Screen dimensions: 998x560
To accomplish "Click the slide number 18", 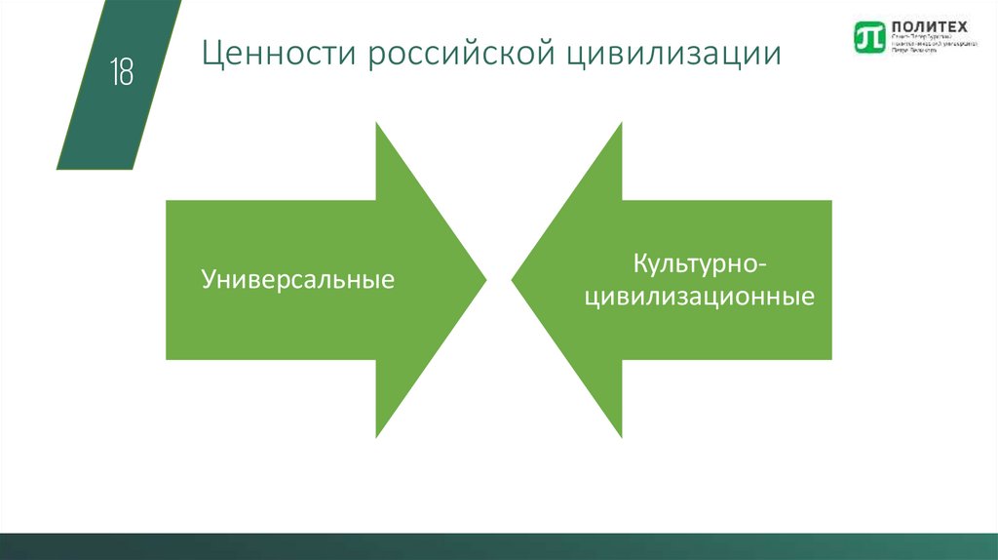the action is tap(122, 72).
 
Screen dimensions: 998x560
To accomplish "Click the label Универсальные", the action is tap(298, 280).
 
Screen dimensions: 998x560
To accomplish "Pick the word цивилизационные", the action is tap(699, 296).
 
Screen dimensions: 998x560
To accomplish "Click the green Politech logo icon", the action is tap(866, 36).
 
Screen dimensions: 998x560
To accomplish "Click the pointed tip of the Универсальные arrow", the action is tap(484, 280).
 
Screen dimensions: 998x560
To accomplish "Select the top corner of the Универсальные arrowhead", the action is tap(377, 124).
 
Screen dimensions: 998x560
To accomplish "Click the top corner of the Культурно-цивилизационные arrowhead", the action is tap(621, 124).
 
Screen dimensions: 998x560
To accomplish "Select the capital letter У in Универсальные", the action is tap(209, 281).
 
